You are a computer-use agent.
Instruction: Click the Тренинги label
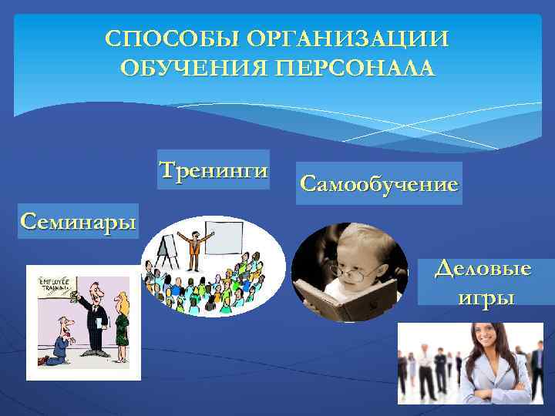pyautogui.click(x=214, y=169)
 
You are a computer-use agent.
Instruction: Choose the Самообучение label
pyautogui.click(x=378, y=183)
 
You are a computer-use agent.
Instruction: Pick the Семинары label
pyautogui.click(x=78, y=221)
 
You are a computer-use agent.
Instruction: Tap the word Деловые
pyautogui.click(x=483, y=270)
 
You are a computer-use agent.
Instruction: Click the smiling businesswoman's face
pyautogui.click(x=484, y=338)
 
